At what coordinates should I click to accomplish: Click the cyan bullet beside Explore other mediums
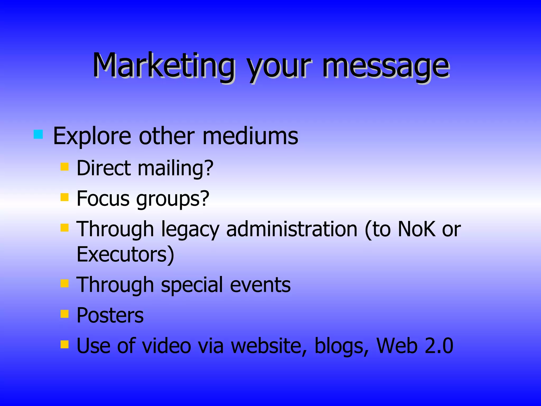point(38,134)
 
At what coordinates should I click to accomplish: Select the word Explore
point(92,136)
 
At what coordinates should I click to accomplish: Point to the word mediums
point(250,136)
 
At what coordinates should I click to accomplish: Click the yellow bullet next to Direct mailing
point(64,167)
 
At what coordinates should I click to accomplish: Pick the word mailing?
point(175,169)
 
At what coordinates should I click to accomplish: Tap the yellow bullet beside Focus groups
point(64,197)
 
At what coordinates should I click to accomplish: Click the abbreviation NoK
point(416,229)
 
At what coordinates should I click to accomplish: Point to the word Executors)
point(125,254)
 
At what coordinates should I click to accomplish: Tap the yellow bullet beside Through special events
point(64,283)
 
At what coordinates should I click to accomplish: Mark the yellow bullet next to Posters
point(64,314)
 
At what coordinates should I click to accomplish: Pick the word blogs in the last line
point(341,346)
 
